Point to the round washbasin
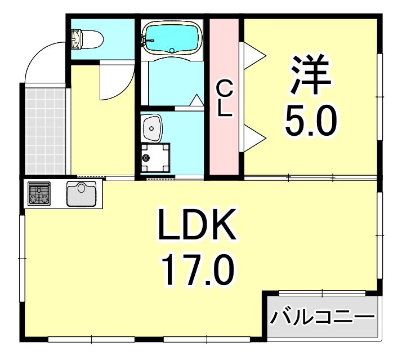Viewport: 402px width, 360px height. point(153,128)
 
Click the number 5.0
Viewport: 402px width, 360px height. point(310,120)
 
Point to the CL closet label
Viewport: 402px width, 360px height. point(225,99)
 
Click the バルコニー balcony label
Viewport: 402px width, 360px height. point(323,319)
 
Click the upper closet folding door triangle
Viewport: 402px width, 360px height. point(254,54)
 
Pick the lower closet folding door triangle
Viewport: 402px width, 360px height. point(254,139)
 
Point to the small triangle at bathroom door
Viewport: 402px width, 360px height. point(196,100)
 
